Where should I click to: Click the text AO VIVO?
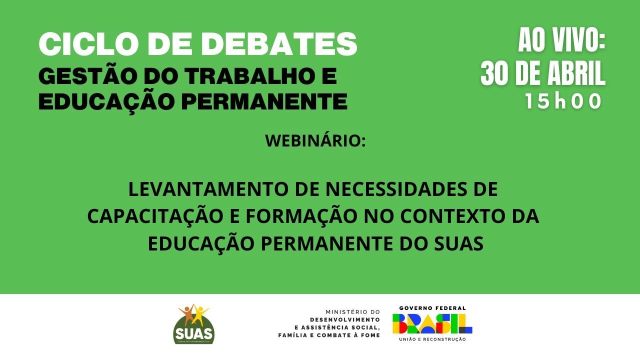pos(561,40)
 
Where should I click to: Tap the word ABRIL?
pos(572,74)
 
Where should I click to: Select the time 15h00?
pos(562,101)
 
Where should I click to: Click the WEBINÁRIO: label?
pos(315,140)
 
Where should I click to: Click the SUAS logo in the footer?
pos(193,324)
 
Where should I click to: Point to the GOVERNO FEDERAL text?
pos(432,308)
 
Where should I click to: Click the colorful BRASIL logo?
pos(432,324)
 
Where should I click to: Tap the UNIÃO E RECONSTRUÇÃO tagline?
pos(432,339)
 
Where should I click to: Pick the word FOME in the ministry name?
pos(370,335)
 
